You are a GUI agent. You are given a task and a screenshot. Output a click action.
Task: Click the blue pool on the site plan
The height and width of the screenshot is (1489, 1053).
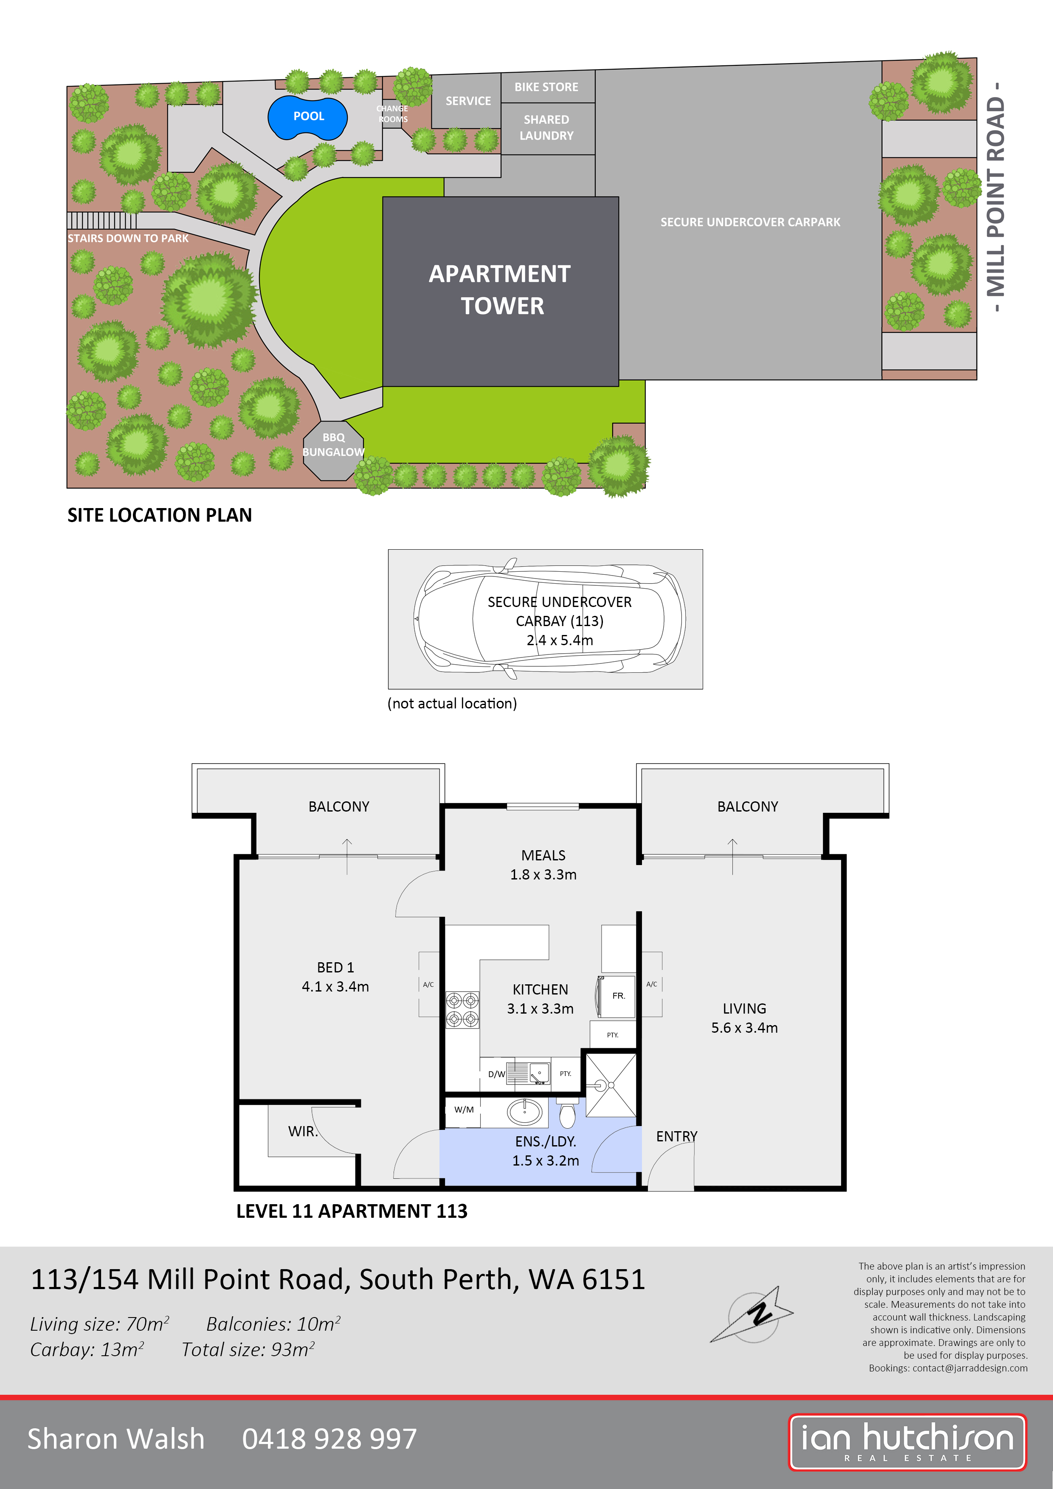click(x=307, y=117)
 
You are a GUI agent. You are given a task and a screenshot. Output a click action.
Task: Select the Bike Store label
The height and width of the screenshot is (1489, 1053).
click(x=546, y=87)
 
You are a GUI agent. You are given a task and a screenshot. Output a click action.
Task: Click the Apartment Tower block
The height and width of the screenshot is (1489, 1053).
click(x=500, y=290)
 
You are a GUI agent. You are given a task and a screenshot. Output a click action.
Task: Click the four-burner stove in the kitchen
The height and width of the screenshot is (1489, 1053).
click(x=462, y=1010)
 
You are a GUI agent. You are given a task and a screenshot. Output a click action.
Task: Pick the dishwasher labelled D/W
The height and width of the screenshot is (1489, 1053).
click(x=496, y=1074)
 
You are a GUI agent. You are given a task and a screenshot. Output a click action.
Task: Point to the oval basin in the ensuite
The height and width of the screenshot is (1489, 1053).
click(x=525, y=1112)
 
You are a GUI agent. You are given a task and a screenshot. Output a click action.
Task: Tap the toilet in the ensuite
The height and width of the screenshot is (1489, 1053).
click(x=567, y=1113)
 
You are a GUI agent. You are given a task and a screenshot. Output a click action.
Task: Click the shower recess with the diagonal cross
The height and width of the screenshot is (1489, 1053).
click(x=611, y=1085)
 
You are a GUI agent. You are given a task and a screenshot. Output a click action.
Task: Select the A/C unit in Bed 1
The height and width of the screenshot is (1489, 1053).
click(x=428, y=984)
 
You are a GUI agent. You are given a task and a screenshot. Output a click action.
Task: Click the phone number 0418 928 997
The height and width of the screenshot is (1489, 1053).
click(x=329, y=1438)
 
